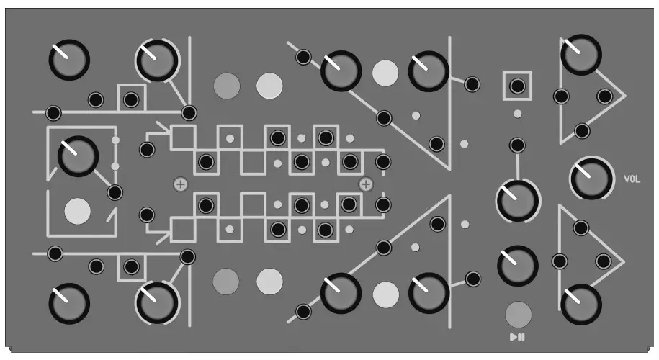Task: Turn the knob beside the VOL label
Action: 591,178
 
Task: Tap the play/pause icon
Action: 517,337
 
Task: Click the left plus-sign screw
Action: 180,185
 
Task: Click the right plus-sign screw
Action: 366,185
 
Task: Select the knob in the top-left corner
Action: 69,59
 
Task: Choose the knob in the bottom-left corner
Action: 69,303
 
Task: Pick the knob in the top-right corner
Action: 580,55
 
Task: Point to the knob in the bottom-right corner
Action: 580,304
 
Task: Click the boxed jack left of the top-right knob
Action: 516,86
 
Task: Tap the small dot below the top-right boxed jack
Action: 517,114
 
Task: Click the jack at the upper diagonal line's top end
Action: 304,56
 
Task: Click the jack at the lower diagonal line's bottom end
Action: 304,312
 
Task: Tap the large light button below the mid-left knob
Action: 78,211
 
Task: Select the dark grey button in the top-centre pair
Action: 227,86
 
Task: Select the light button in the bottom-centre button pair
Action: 269,279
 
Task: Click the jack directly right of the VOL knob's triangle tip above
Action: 604,96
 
